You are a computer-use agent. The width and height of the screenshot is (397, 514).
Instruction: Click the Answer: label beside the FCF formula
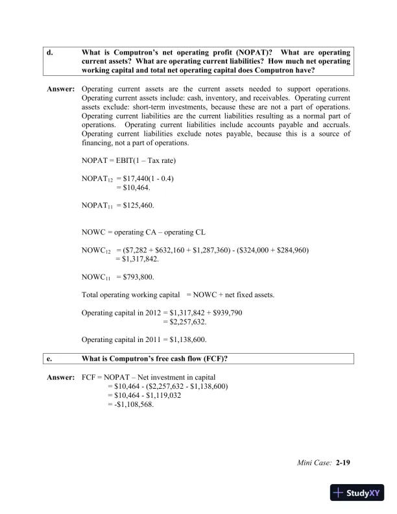(61, 376)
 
